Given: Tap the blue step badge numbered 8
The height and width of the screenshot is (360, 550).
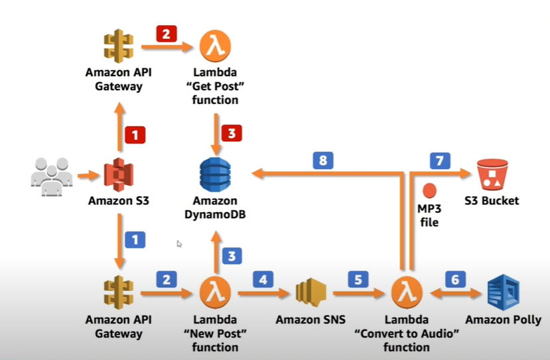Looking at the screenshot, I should coord(324,160).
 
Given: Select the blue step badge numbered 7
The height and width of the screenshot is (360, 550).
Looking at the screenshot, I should coord(440,160).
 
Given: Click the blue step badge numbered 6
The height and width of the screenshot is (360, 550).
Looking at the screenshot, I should coord(454,280).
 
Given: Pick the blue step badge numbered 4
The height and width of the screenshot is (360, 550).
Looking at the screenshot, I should coord(263,280).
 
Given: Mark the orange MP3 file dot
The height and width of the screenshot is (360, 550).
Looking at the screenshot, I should coord(429,190).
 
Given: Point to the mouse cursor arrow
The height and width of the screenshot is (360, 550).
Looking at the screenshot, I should coord(179,244).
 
